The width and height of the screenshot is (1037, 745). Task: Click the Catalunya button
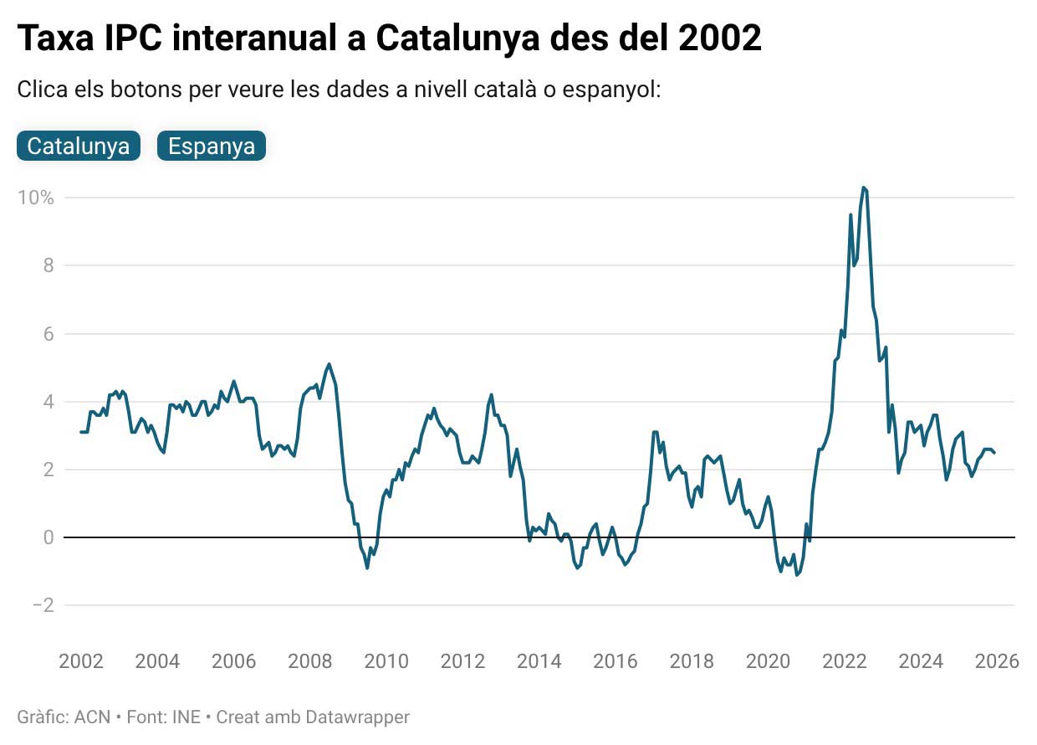point(78,146)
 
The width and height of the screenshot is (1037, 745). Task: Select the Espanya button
point(212,146)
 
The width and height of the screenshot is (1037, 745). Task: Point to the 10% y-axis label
point(35,198)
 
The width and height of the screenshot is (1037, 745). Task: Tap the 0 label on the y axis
point(48,537)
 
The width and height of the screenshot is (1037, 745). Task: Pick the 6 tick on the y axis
point(48,334)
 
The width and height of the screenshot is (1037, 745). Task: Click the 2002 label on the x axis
point(81,661)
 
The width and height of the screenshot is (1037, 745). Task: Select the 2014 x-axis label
point(539,661)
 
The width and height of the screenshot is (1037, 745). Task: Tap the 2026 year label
point(997,661)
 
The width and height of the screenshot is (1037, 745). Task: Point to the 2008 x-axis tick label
point(310,661)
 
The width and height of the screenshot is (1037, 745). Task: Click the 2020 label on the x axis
point(768,661)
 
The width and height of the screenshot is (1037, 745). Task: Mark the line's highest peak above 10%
point(863,188)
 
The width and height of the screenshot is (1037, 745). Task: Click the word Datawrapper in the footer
point(357,717)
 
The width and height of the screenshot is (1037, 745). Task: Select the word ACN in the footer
point(92,717)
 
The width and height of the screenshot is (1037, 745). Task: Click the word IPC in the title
point(135,39)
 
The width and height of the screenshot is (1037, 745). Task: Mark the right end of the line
point(994,453)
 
